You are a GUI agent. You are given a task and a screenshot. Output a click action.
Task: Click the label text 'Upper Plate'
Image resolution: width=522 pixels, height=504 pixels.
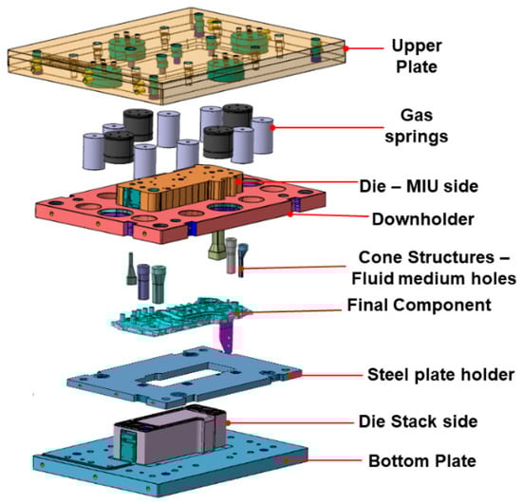[417, 56]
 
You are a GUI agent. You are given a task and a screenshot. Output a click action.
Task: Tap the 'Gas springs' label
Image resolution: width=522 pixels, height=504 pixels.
[417, 126]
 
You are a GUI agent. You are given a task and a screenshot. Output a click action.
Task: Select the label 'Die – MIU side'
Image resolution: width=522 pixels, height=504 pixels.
[419, 186]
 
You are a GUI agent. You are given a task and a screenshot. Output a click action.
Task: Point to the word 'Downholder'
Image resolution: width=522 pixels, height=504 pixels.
[422, 219]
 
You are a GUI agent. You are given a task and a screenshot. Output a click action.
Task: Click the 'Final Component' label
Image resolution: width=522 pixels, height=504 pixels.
[419, 305]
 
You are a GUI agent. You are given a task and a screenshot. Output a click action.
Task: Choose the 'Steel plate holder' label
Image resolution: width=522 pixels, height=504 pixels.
[440, 375]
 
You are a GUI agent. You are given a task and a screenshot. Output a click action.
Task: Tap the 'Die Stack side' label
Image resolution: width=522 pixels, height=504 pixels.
[419, 421]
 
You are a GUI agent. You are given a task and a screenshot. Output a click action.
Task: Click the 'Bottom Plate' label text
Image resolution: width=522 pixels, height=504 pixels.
[422, 461]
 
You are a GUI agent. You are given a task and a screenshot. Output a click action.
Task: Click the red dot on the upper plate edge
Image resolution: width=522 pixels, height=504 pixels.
[345, 48]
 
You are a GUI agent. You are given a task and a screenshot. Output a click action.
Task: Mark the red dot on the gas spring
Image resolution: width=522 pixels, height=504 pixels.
[272, 127]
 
